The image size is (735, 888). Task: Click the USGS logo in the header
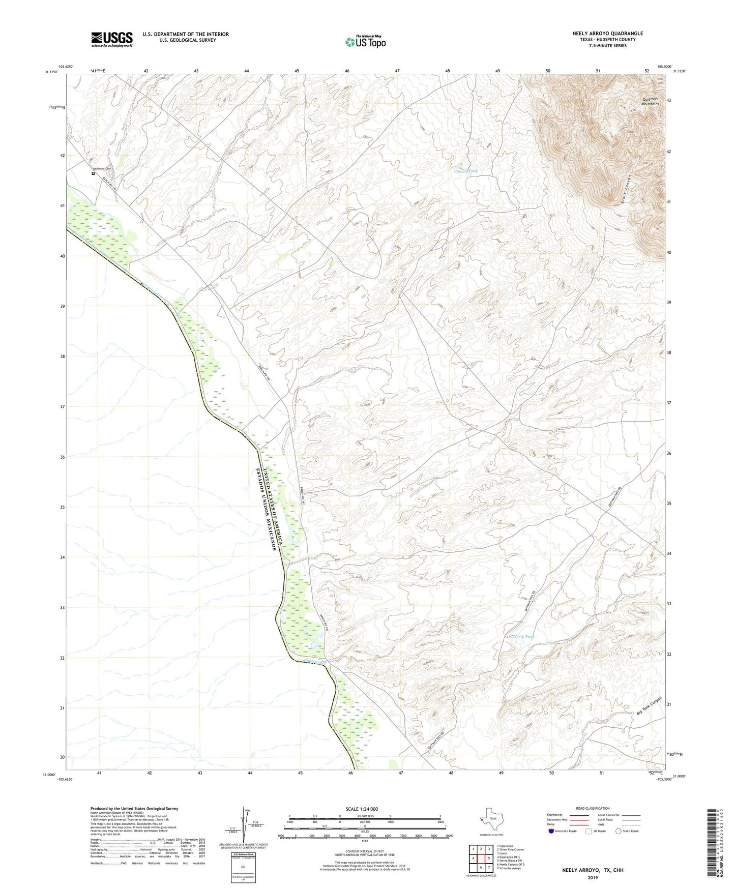coord(112,39)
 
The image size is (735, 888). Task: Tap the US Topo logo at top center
coord(365,42)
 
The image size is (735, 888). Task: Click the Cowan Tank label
coord(465,171)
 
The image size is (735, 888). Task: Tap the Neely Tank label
coord(524,637)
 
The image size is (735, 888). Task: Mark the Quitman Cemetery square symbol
coord(93,173)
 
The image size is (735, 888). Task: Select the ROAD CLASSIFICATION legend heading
coord(593,808)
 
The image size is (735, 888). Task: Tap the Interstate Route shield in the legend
coord(551,831)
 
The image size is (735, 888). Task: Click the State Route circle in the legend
coord(619,831)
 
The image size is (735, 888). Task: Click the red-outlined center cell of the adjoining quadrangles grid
coord(480,858)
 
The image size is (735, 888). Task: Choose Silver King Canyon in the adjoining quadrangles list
coord(510,849)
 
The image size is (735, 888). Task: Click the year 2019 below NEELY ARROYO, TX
coord(593,877)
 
